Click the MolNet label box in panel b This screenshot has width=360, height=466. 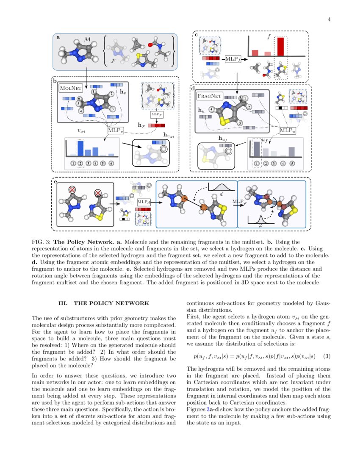tap(70, 88)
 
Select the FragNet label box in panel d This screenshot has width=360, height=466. tap(210, 97)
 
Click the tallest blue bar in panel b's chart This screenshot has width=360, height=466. tap(80, 148)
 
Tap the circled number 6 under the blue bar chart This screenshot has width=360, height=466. tap(111, 163)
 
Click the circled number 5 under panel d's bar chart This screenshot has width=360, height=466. tap(291, 163)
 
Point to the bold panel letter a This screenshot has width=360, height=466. tap(58, 37)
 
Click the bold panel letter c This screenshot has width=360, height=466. tap(197, 35)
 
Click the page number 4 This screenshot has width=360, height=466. tap(329, 19)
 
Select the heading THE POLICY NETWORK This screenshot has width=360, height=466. tap(111, 303)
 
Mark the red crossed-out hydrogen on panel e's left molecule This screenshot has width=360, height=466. tap(72, 190)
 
